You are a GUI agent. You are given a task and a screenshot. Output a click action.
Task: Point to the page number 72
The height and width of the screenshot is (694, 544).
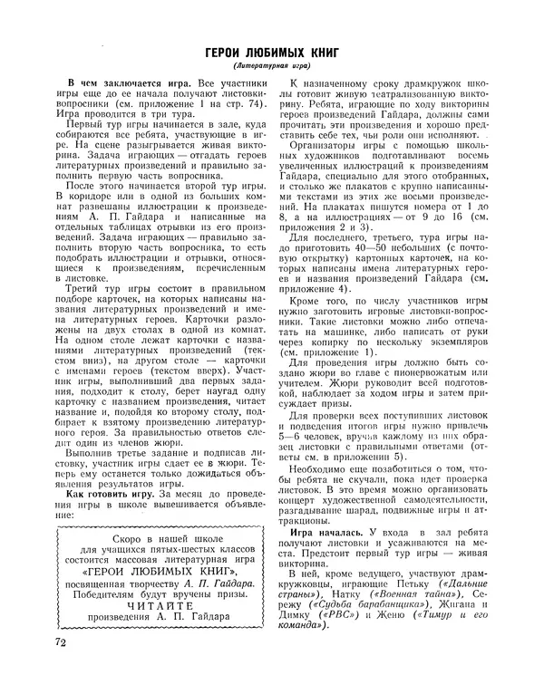coord(62,669)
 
